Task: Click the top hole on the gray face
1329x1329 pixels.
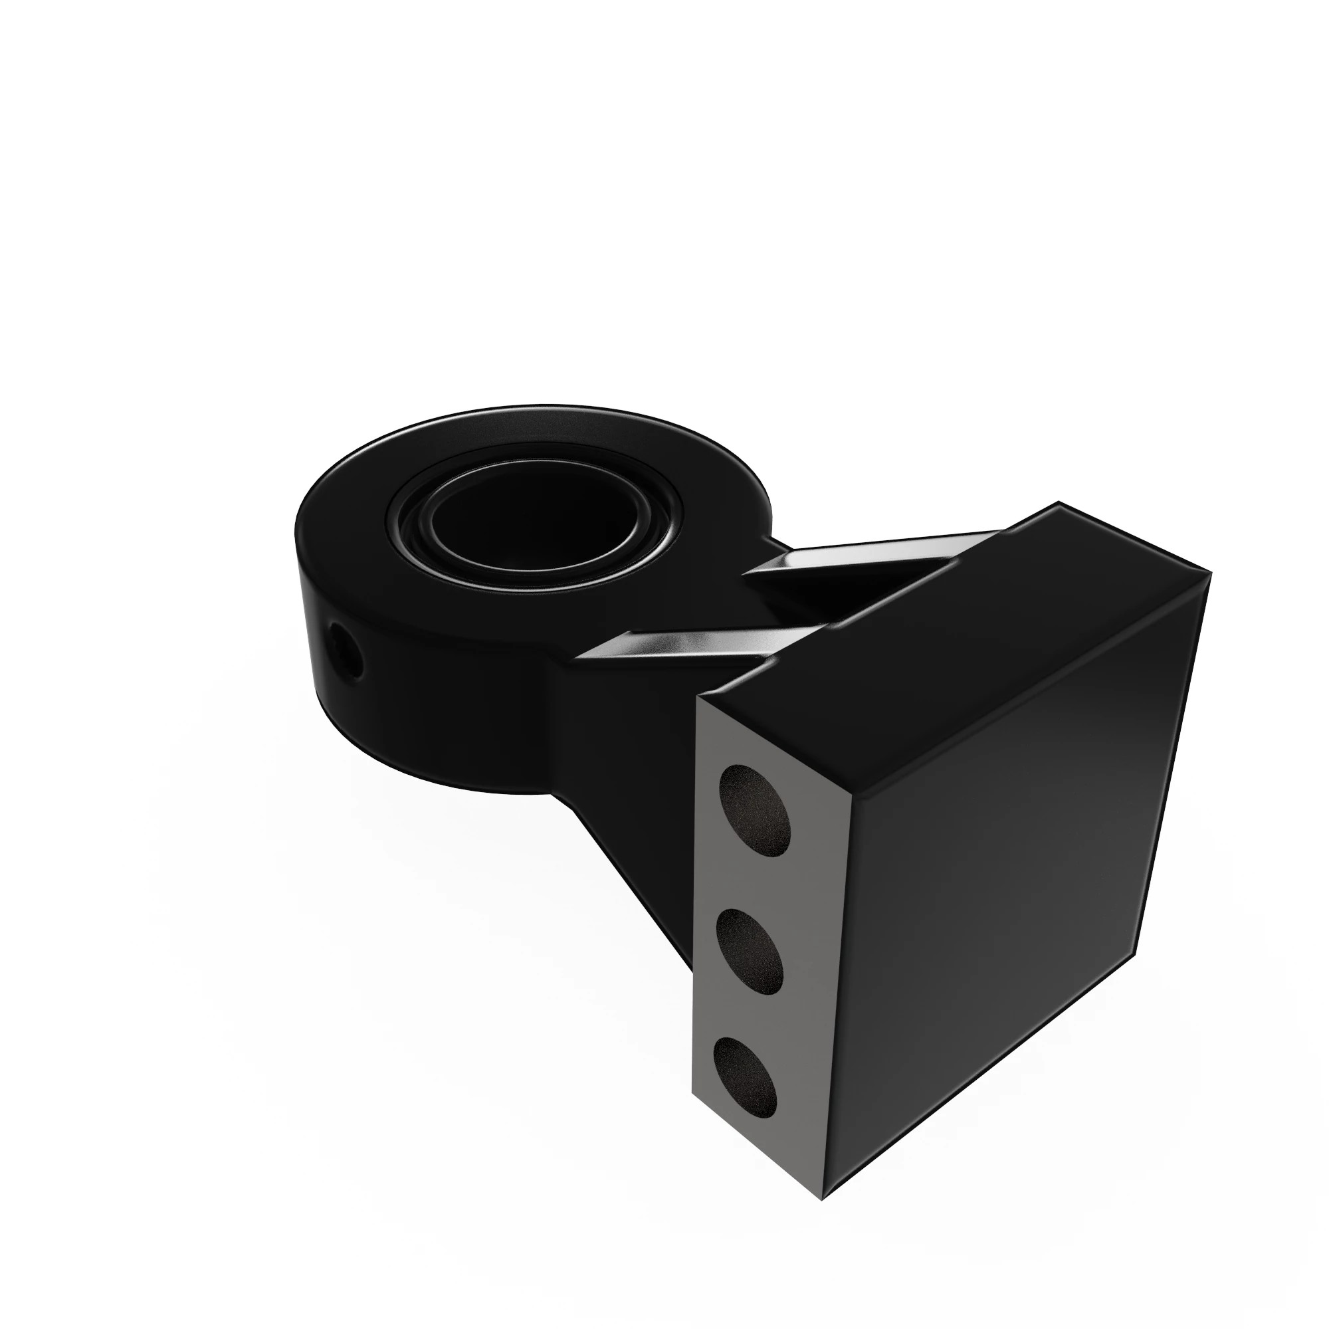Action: point(754,810)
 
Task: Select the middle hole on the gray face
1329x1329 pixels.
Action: point(750,952)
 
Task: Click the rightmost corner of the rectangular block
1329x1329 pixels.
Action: point(1209,571)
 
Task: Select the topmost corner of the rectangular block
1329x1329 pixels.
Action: point(1058,504)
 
